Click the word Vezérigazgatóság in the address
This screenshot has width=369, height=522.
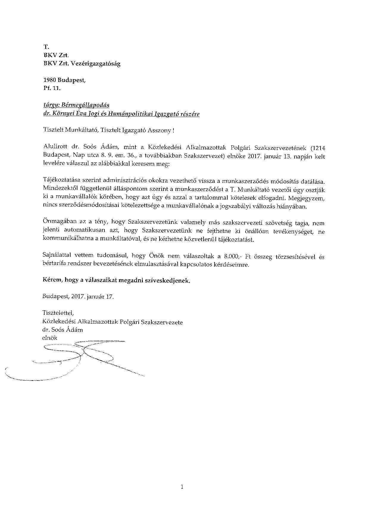point(97,63)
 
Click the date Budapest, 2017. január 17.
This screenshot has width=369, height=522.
point(78,297)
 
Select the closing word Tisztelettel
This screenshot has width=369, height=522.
point(58,313)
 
